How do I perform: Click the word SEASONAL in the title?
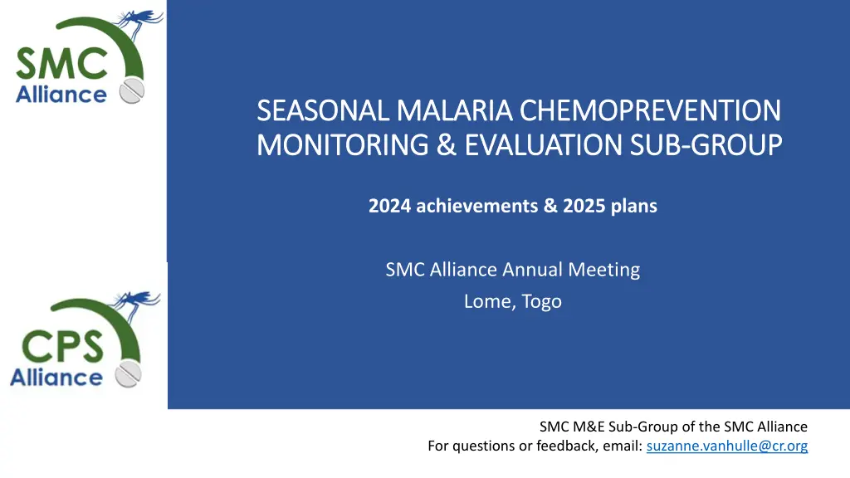click(x=323, y=110)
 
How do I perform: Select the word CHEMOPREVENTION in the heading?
click(x=650, y=110)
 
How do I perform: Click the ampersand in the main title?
click(x=446, y=145)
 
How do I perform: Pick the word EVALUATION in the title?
click(x=543, y=145)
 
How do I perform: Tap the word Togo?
click(x=541, y=301)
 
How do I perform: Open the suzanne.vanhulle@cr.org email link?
click(x=727, y=446)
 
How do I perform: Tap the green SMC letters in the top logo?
click(x=61, y=64)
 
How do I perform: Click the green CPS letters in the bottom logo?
click(x=62, y=346)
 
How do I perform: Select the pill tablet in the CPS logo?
click(x=129, y=374)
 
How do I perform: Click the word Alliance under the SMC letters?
click(x=61, y=95)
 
